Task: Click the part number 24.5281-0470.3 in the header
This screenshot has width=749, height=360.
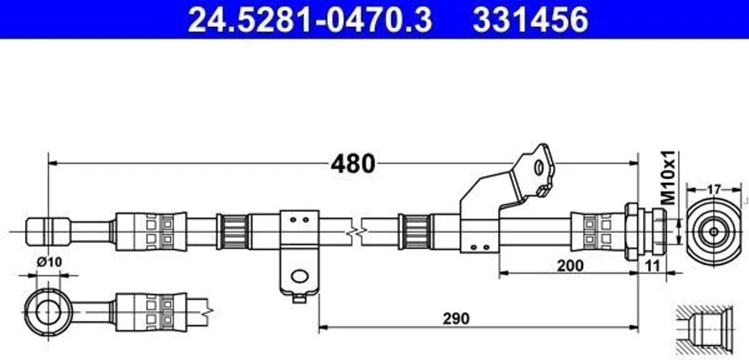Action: click(x=309, y=20)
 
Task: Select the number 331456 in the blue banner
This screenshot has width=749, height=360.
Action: click(x=530, y=20)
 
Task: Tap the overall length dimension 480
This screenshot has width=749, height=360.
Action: click(x=353, y=164)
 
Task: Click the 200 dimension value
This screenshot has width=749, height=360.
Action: click(x=569, y=266)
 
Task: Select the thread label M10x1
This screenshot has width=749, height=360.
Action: click(x=669, y=177)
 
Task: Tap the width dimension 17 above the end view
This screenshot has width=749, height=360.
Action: click(x=713, y=190)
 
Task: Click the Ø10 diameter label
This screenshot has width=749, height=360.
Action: click(x=50, y=262)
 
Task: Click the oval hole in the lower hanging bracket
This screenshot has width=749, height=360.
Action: click(x=300, y=276)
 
